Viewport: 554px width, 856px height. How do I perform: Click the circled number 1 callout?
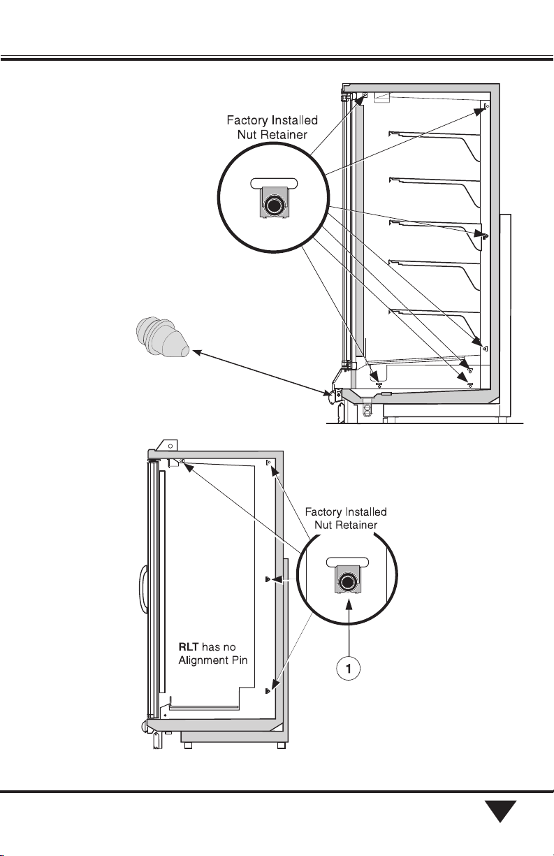pos(348,668)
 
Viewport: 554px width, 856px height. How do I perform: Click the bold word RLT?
pos(189,647)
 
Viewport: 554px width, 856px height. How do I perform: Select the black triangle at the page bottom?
pos(500,811)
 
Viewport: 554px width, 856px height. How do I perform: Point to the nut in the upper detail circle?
pos(272,206)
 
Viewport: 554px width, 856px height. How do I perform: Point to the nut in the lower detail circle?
pos(347,582)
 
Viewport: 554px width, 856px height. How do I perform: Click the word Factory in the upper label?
pos(246,120)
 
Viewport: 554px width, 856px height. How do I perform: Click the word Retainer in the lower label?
pos(358,525)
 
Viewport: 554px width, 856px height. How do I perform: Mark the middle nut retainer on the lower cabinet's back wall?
pos(268,579)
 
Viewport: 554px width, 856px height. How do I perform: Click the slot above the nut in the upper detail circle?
pos(272,183)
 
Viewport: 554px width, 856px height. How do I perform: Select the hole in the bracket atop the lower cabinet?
pos(170,446)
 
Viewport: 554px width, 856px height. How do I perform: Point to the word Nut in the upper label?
pos(247,134)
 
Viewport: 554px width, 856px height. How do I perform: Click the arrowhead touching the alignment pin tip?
pos(196,351)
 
